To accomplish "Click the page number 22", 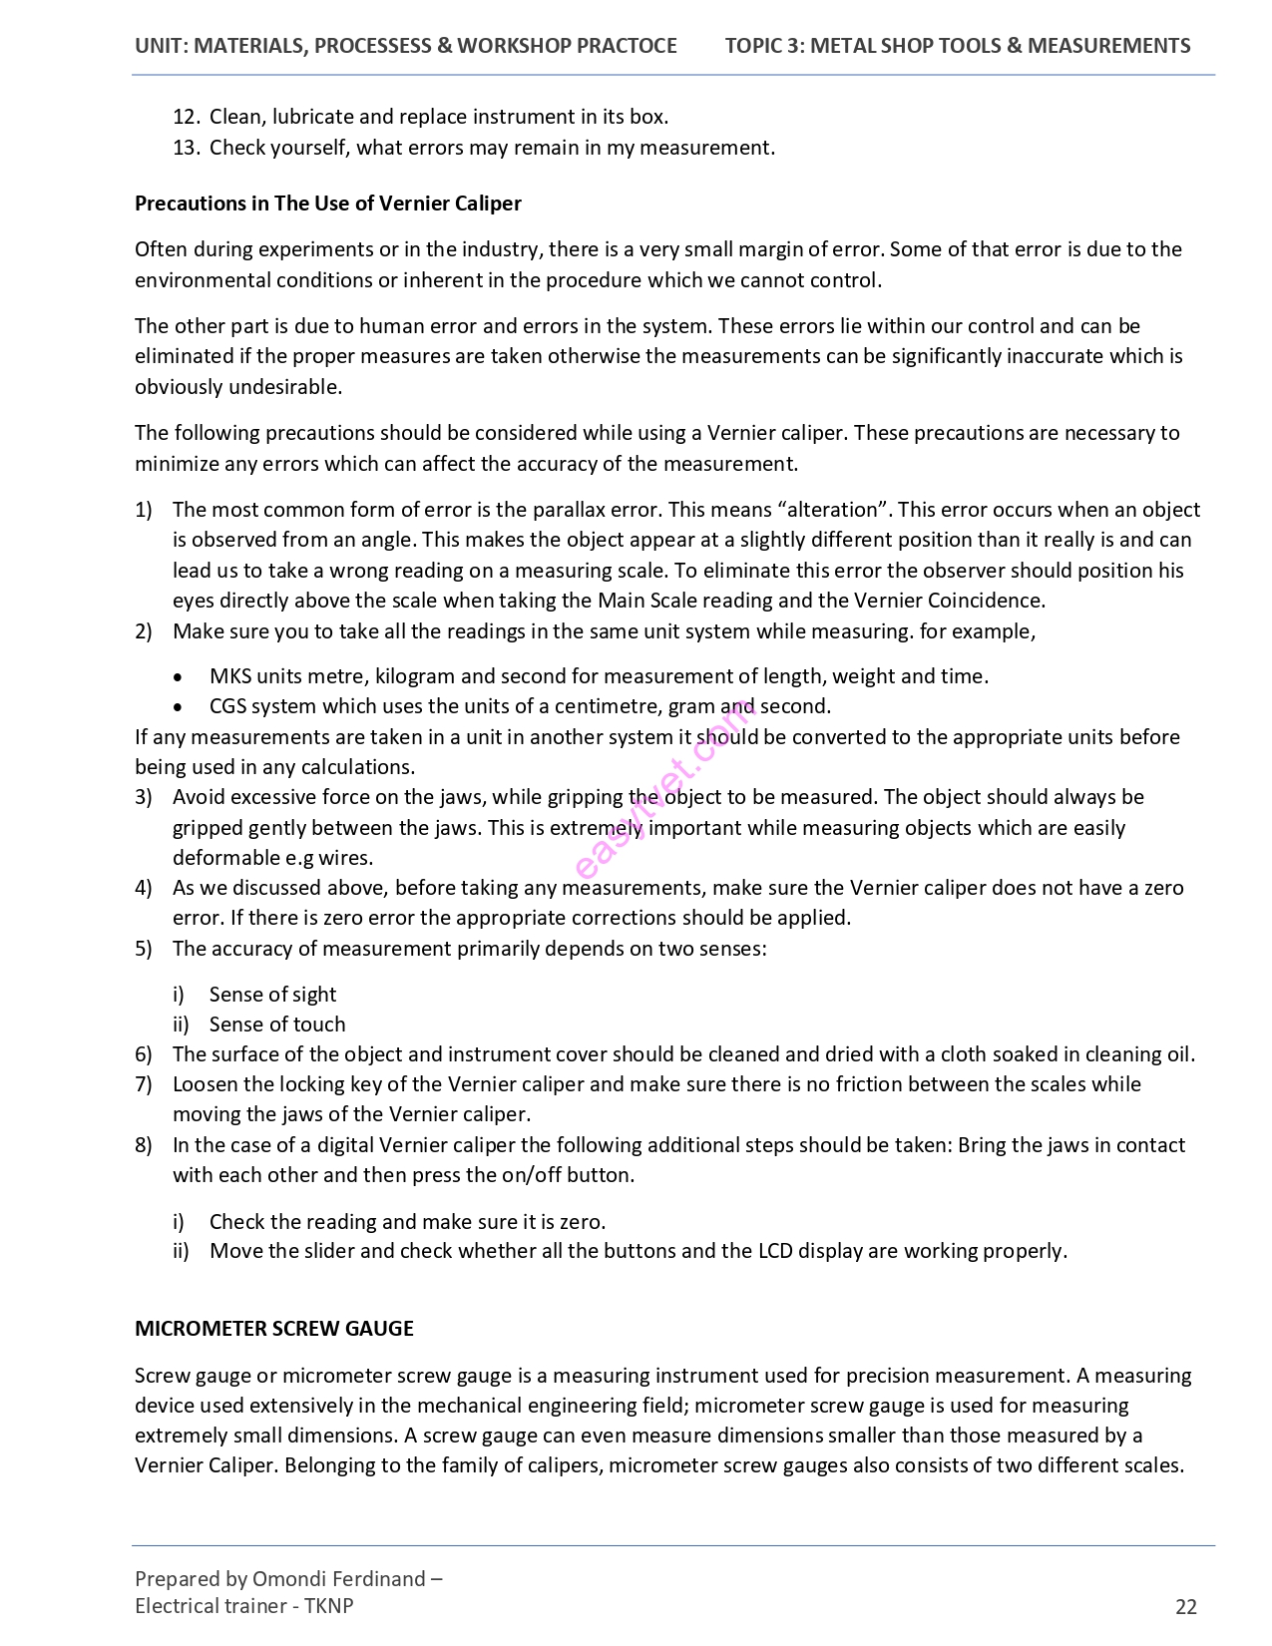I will tap(1185, 1606).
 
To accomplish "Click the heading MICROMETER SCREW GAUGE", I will tap(274, 1329).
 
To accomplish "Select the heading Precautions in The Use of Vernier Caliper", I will tap(328, 204).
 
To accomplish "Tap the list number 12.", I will tap(187, 117).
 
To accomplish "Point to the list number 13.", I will tap(187, 148).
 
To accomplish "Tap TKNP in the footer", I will tap(329, 1606).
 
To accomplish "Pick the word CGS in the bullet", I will tap(227, 706).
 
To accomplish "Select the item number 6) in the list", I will tap(144, 1054).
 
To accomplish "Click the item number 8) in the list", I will tap(144, 1145).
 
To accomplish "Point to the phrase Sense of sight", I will tap(272, 995).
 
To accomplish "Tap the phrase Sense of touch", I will tap(277, 1025).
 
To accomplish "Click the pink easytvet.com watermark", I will tap(666, 788).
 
